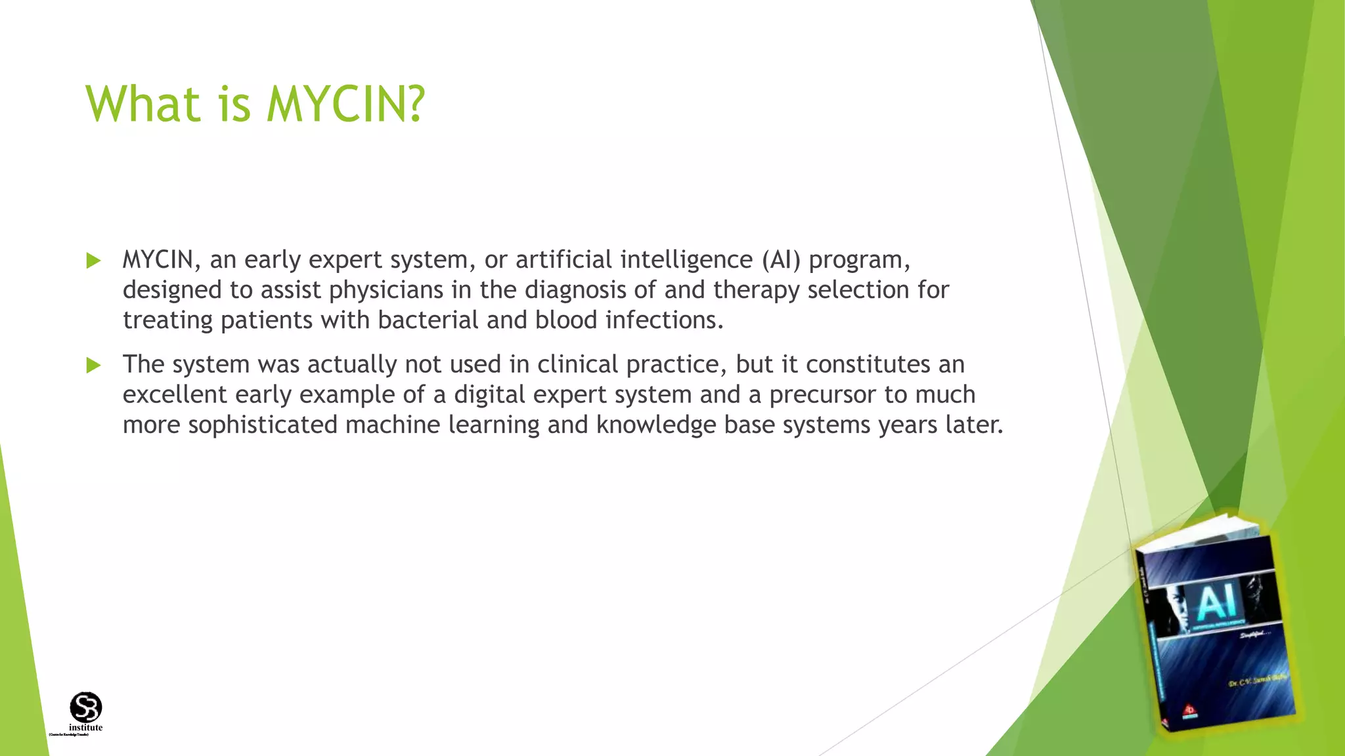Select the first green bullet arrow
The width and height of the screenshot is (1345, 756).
[x=93, y=261]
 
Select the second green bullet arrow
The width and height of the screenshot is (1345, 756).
[x=93, y=366]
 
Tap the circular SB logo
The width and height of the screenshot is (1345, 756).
[x=86, y=707]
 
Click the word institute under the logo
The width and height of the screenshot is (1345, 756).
[x=86, y=727]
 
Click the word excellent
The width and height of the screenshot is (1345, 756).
[x=175, y=394]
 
